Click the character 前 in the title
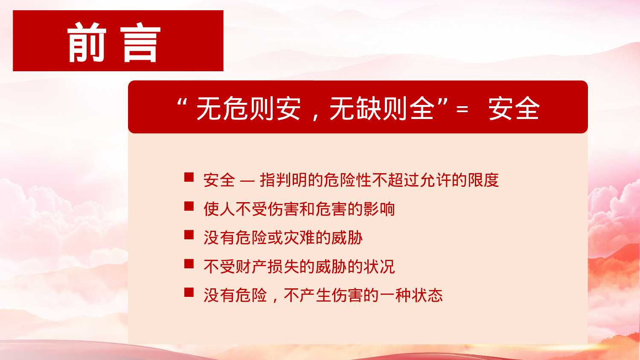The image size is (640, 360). (x=87, y=42)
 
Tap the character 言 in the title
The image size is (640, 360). (x=140, y=42)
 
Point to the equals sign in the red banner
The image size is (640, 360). (x=462, y=109)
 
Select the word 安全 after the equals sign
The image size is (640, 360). (x=514, y=108)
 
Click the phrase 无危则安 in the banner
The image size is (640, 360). (x=249, y=108)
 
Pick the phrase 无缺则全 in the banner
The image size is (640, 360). (x=381, y=108)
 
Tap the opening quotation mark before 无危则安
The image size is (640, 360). (x=182, y=104)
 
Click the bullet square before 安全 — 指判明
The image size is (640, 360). (x=189, y=177)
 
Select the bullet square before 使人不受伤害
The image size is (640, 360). (x=189, y=206)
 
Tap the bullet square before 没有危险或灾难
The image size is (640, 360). (x=189, y=235)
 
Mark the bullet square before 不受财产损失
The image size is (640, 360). (x=189, y=264)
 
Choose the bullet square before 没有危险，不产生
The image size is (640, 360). (x=189, y=292)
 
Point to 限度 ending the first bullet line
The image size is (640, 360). (x=483, y=180)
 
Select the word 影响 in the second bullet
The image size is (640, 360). (x=379, y=209)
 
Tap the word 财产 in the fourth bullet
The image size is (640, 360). (x=251, y=267)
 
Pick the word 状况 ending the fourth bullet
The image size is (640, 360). (x=379, y=267)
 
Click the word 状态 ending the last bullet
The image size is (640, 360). (x=427, y=295)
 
